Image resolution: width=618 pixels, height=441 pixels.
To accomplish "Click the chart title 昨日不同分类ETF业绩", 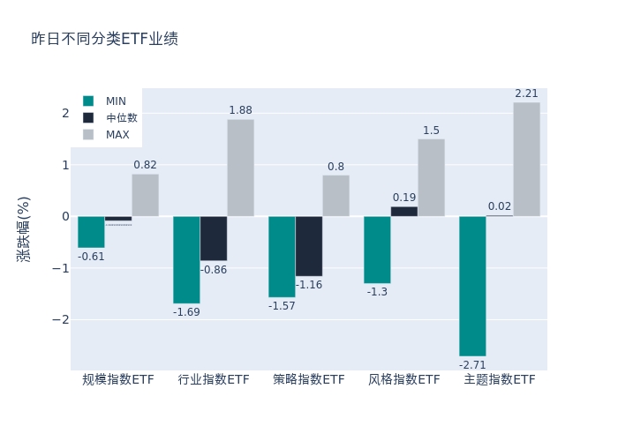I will (x=104, y=39).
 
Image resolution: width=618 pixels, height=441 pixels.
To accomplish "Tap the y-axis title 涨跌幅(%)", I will (x=23, y=228).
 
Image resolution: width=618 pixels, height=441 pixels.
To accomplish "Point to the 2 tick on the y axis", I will (x=64, y=113).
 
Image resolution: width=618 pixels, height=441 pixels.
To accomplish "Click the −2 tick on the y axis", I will (x=61, y=319).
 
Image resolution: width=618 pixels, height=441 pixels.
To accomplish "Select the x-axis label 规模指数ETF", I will (x=118, y=379).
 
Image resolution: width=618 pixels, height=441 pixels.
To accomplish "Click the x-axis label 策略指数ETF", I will (x=309, y=379).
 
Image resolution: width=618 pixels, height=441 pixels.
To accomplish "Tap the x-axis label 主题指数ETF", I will (x=500, y=379).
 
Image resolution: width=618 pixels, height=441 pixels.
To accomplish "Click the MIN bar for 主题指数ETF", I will (x=472, y=286).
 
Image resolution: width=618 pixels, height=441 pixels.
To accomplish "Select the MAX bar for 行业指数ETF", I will (x=240, y=168).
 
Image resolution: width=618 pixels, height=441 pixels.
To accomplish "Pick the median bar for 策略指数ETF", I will (x=309, y=246).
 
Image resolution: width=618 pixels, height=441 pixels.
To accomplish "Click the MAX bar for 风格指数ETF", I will (x=431, y=177).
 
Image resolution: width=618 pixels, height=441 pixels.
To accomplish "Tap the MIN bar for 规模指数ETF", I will (x=91, y=232).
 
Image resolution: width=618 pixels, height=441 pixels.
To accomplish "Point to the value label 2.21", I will (x=526, y=93).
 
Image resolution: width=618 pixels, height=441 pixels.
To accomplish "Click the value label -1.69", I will (x=186, y=312).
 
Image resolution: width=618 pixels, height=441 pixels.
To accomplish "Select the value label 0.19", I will (x=404, y=198).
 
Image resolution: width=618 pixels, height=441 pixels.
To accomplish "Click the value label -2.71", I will (x=472, y=364).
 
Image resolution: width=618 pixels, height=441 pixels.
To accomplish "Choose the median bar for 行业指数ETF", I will (x=214, y=238).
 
